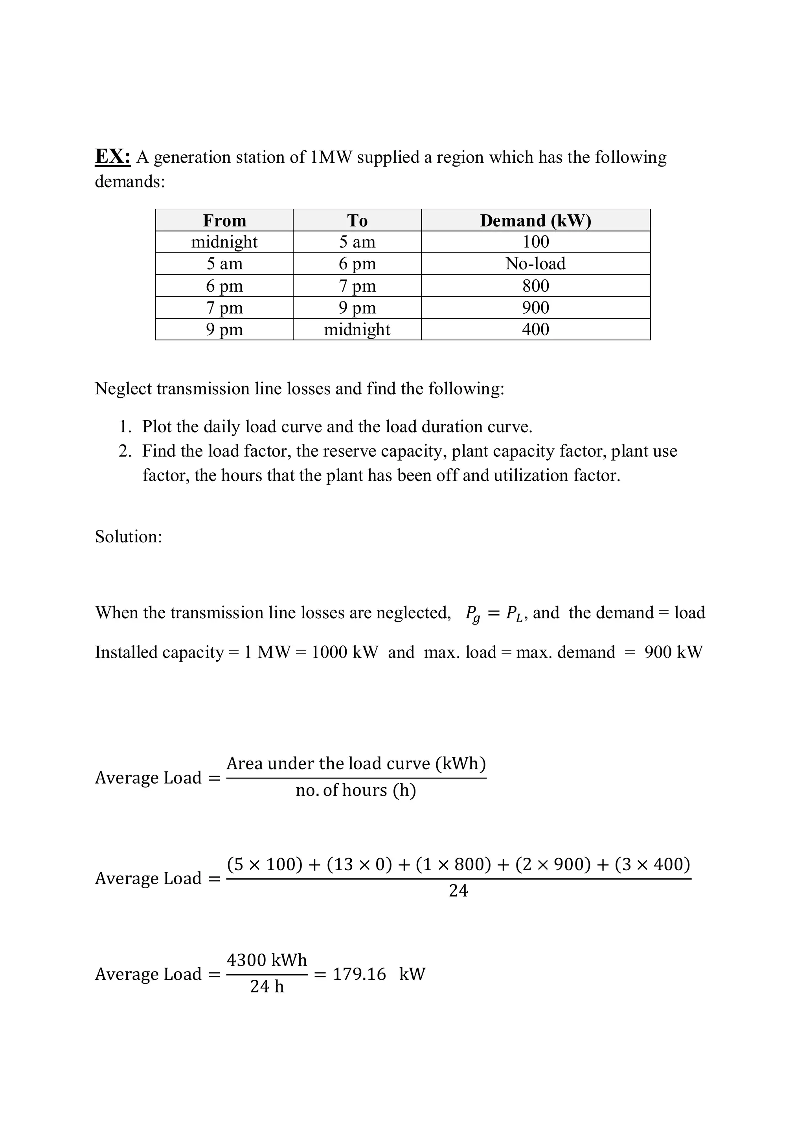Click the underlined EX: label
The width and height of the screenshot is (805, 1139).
tap(112, 157)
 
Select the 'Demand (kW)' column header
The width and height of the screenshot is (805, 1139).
tap(535, 220)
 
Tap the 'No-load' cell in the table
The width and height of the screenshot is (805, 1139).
tap(535, 263)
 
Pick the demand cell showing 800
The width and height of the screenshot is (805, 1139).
tap(535, 286)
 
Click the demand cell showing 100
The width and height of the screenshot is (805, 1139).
tap(535, 242)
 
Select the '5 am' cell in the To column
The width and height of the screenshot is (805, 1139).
tap(357, 242)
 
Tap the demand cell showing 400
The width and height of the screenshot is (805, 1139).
tap(535, 329)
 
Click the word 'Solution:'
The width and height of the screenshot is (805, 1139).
tap(129, 536)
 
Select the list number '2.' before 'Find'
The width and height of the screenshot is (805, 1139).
tap(125, 451)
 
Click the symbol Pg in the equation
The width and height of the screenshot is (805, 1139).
tap(472, 614)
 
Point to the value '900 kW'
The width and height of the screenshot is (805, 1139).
tap(673, 652)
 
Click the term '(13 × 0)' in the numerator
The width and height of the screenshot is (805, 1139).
tap(359, 864)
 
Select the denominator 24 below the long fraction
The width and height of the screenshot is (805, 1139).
tap(458, 891)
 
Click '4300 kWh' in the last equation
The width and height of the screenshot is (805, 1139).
tap(267, 960)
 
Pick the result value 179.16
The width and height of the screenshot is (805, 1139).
tap(359, 974)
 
